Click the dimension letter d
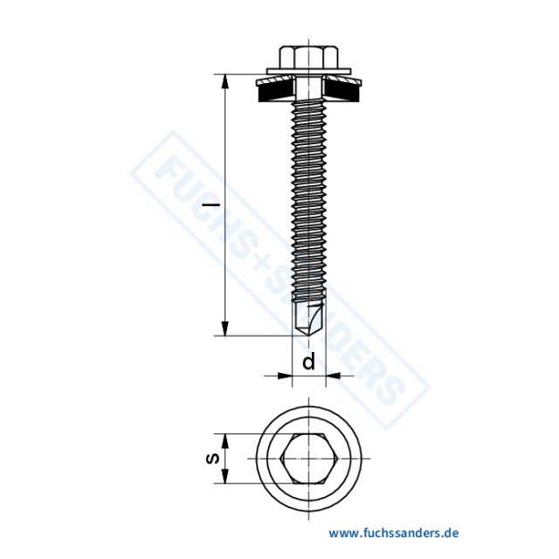point(308,362)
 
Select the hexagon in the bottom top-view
point(311,459)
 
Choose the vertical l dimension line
point(225,262)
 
